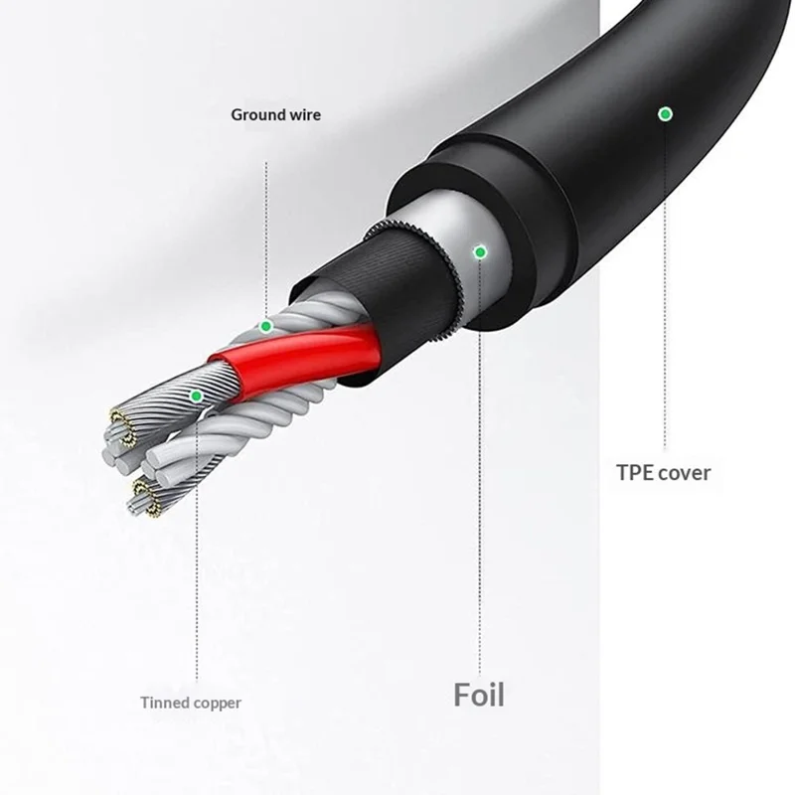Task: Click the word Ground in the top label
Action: pyautogui.click(x=255, y=115)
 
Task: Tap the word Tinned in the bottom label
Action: pyautogui.click(x=166, y=704)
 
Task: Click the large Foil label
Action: pyautogui.click(x=479, y=695)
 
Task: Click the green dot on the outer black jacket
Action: pyautogui.click(x=664, y=114)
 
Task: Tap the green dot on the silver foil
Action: pyautogui.click(x=480, y=252)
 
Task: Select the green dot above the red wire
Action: pyautogui.click(x=265, y=326)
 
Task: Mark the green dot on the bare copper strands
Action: pyautogui.click(x=196, y=397)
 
